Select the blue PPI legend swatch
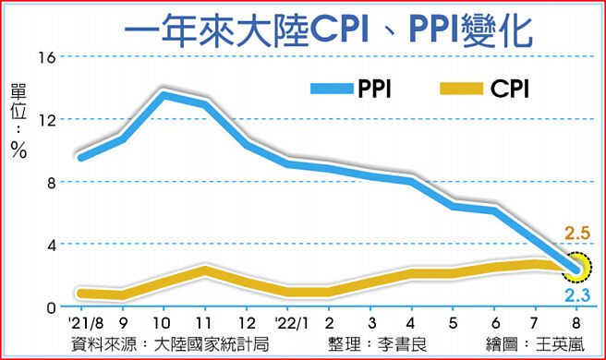point(334,90)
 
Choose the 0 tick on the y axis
point(50,306)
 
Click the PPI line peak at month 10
point(164,95)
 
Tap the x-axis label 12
point(247,325)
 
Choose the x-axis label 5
point(453,325)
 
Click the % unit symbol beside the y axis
point(18,150)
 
